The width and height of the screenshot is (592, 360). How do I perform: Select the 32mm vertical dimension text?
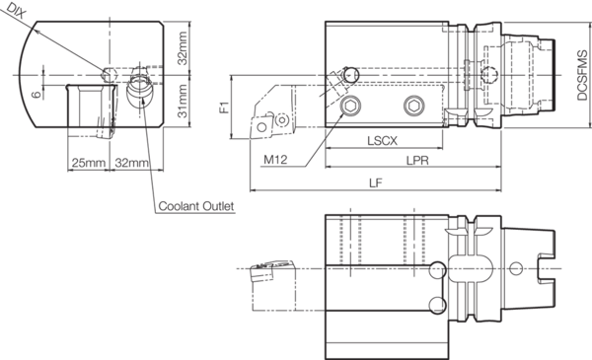coord(183,48)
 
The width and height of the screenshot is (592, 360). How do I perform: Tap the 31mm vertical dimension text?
coord(183,102)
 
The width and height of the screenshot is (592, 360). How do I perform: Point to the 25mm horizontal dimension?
coord(89,163)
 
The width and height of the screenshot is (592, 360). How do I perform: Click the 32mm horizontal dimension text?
coord(132,163)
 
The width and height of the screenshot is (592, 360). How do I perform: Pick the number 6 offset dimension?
coord(36,94)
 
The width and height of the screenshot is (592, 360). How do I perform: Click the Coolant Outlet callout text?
coord(196,206)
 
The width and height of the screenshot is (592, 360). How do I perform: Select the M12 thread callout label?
coord(275,160)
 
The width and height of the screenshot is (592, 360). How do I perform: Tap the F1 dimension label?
coord(224,108)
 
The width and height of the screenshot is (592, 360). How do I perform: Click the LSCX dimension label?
coord(382,141)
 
